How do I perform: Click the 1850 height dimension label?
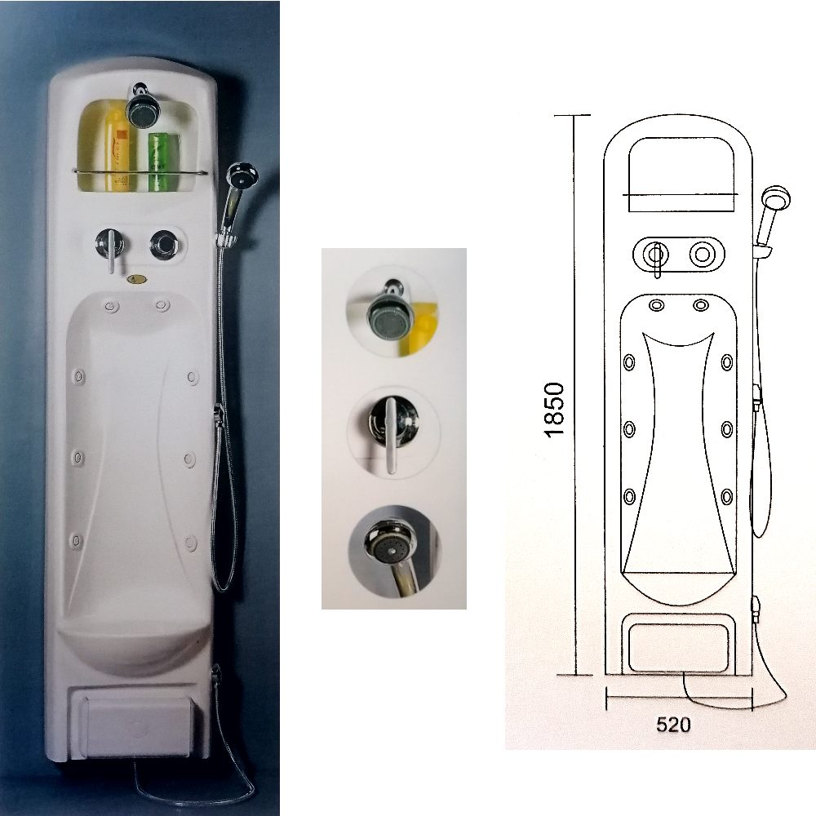(x=554, y=410)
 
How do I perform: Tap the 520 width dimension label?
(x=673, y=725)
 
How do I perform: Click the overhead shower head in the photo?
(x=140, y=106)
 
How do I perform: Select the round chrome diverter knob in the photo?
(x=165, y=245)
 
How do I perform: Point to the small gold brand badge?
(x=137, y=279)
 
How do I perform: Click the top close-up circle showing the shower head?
(x=392, y=311)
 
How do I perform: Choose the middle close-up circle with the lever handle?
(x=393, y=432)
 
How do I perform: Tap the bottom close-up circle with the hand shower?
(x=394, y=552)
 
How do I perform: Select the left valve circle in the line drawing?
(x=653, y=255)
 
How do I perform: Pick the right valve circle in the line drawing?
(x=702, y=255)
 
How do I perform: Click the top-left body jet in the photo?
(x=111, y=305)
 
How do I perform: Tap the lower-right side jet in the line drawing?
(x=726, y=496)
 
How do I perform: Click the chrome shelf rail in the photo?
(x=140, y=171)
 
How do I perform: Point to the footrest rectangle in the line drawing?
(x=679, y=649)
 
